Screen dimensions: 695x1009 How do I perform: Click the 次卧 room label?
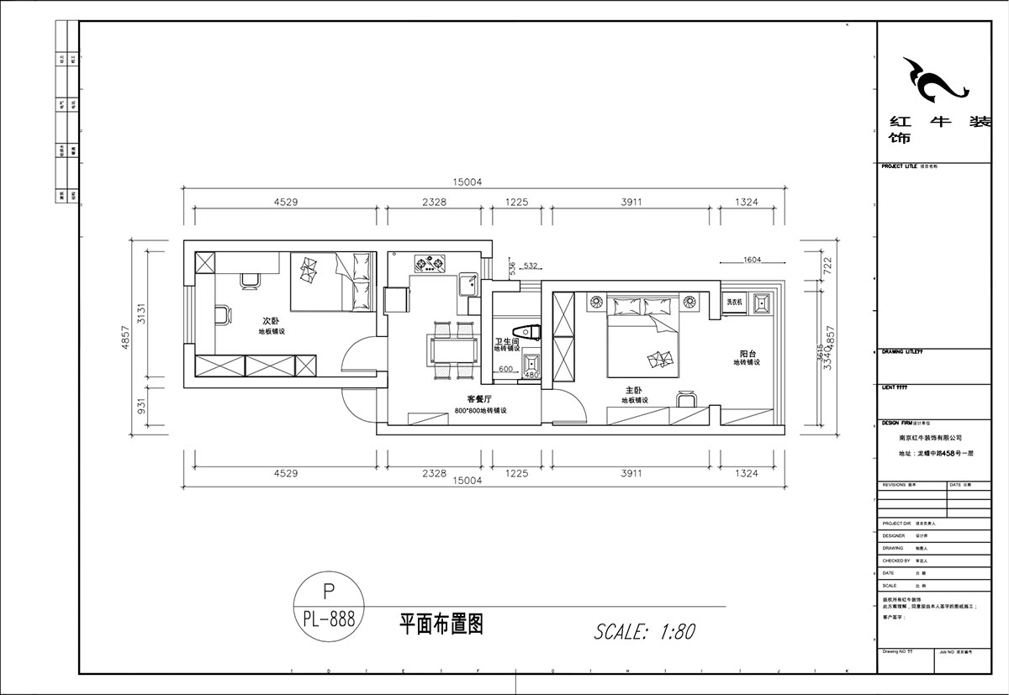270,320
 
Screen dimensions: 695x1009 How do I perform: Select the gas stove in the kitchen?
429,265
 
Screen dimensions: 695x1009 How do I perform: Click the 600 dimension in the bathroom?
506,369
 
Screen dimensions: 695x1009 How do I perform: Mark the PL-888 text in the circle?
329,619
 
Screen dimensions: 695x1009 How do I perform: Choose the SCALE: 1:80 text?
644,631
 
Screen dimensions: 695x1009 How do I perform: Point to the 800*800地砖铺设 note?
483,411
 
